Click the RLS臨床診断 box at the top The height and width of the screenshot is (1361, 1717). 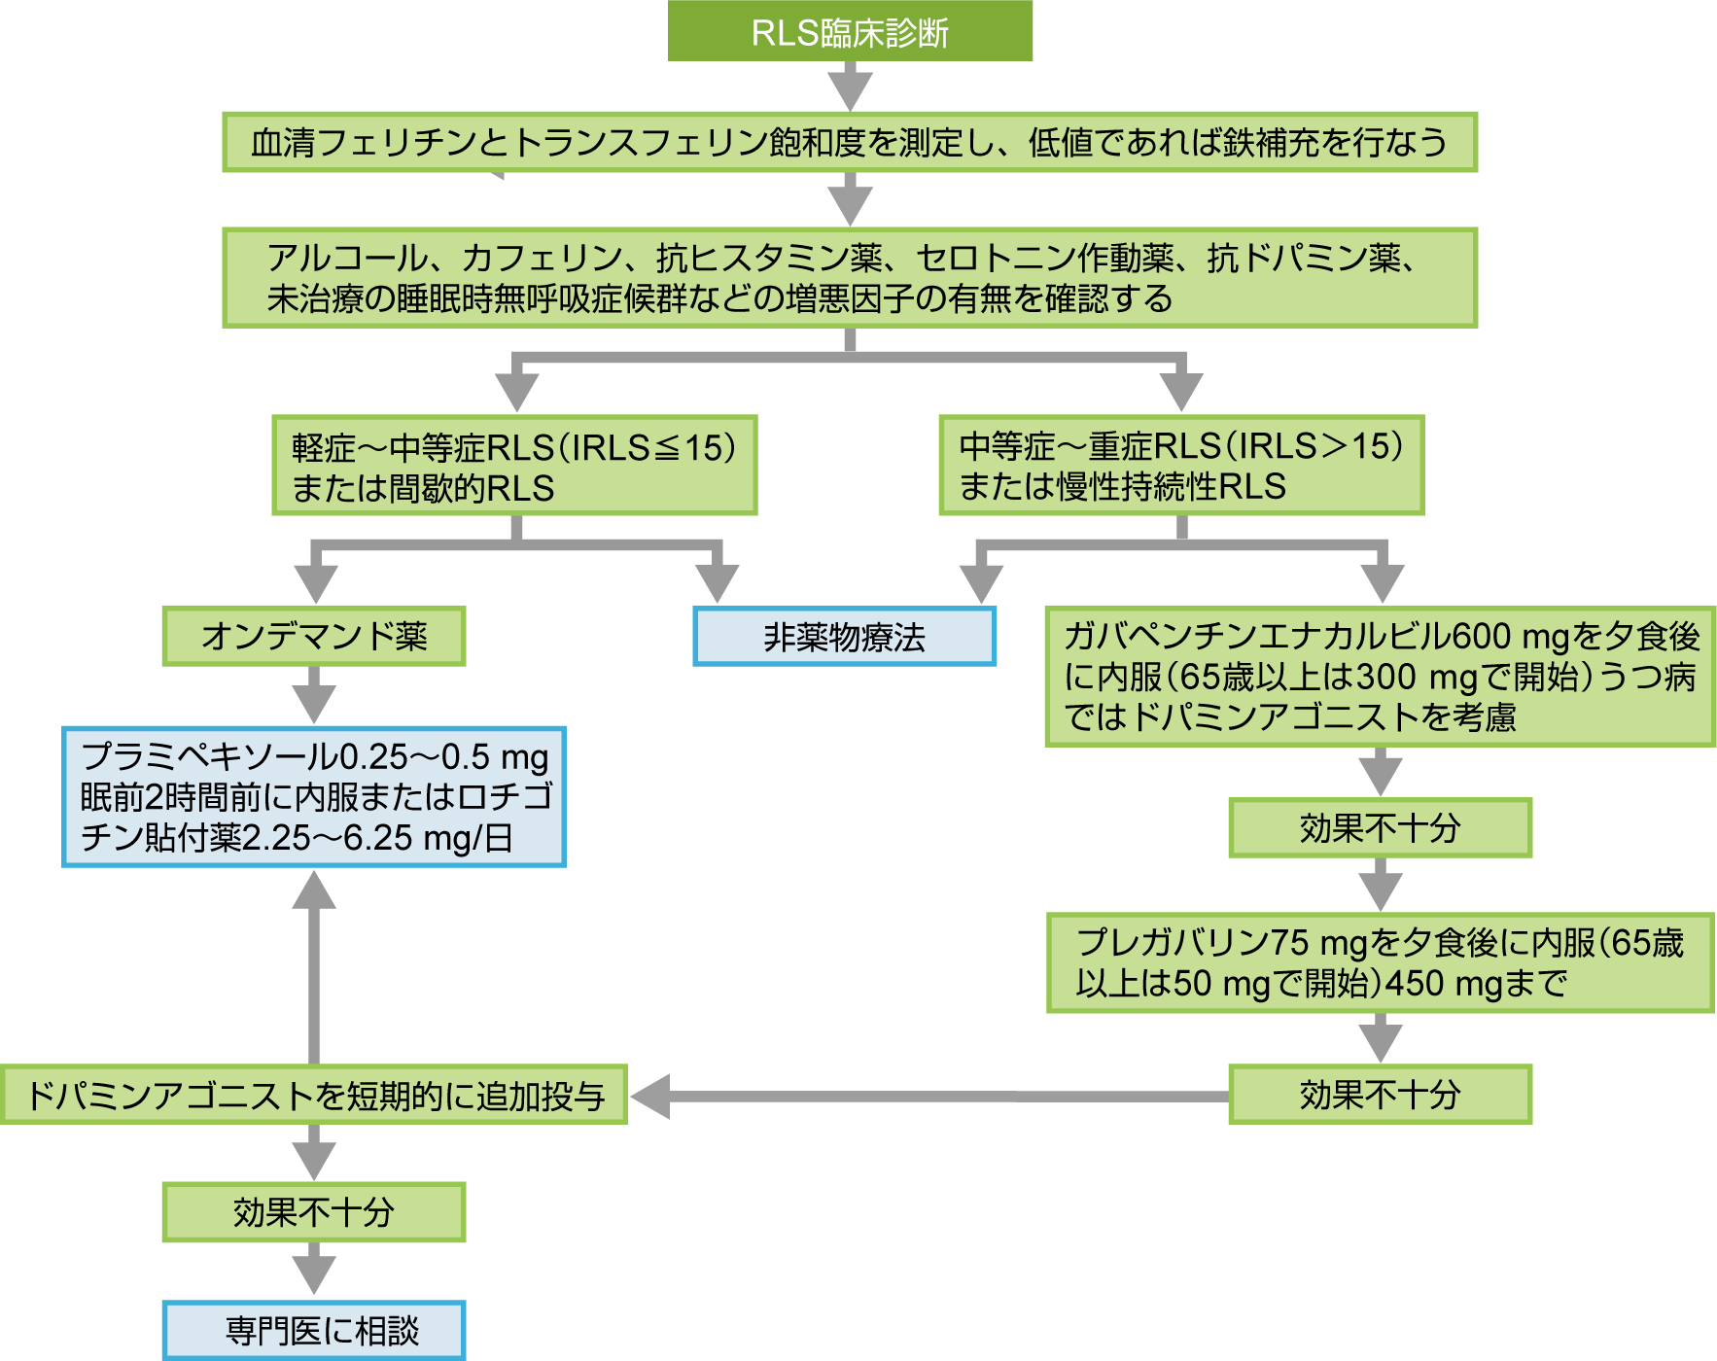pos(850,32)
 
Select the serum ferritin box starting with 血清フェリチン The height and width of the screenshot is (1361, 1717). pos(849,143)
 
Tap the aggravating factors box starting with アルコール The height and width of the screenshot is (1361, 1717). pos(849,278)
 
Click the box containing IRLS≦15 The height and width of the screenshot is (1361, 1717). pos(514,466)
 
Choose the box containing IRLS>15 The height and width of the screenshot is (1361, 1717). pos(1181,465)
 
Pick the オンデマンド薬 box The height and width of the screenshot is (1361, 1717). pos(314,637)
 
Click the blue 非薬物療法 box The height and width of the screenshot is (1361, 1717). pos(844,637)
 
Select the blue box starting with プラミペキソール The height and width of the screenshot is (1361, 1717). pos(314,797)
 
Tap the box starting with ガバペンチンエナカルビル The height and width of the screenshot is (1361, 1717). pos(1380,677)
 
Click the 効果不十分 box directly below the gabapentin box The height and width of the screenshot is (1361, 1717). pos(1380,828)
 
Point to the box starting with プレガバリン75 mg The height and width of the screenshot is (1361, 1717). pos(1380,962)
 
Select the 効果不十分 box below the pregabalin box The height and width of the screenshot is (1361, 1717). pos(1380,1095)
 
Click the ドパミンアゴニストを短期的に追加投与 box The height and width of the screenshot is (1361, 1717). pos(314,1096)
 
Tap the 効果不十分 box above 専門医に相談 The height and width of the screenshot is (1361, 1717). pos(314,1212)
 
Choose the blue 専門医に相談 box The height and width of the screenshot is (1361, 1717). pos(314,1330)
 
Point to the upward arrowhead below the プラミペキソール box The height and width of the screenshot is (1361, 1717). pos(314,890)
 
